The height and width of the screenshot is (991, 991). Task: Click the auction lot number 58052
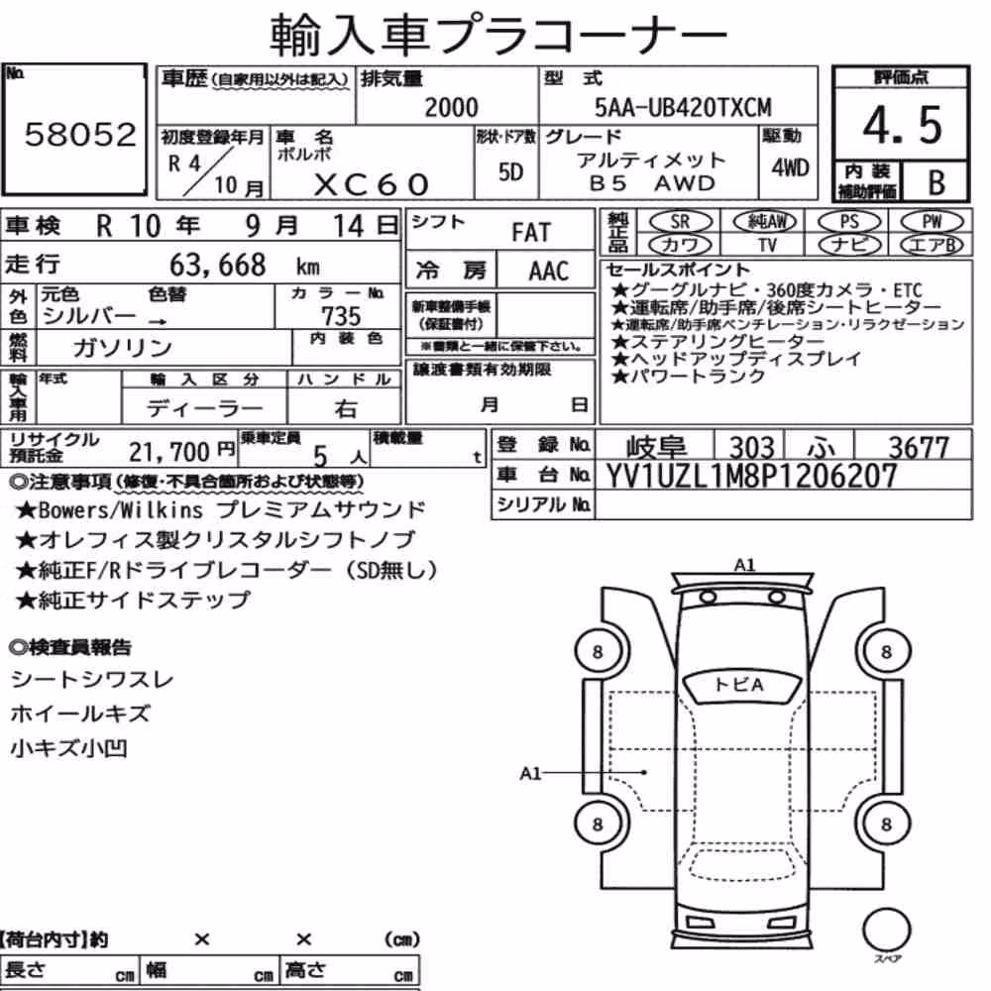point(80,135)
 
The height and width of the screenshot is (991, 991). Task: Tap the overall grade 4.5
point(902,125)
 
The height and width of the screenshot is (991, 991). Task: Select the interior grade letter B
point(936,182)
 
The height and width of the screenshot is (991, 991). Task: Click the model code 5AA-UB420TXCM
point(683,107)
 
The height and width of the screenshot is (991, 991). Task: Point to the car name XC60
point(372,184)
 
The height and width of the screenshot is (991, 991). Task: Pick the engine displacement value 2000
point(451,107)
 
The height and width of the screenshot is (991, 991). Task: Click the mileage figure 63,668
point(217,265)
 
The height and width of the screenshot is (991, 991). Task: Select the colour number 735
point(341,315)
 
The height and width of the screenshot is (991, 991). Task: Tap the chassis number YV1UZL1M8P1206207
point(751,476)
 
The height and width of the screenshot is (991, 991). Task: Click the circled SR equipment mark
point(680,221)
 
